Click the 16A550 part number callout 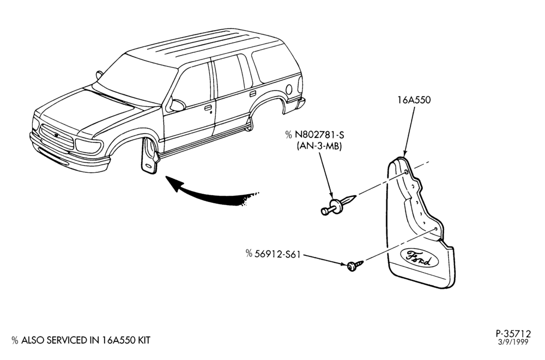click(x=414, y=100)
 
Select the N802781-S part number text click(x=319, y=135)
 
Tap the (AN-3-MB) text click(x=319, y=146)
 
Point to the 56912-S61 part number click(x=277, y=254)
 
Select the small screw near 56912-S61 click(x=355, y=266)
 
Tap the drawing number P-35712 click(x=513, y=334)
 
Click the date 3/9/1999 click(x=513, y=342)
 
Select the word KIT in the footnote click(x=143, y=340)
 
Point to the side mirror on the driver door click(x=177, y=105)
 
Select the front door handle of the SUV click(x=208, y=108)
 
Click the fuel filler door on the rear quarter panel click(x=289, y=89)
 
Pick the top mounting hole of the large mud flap click(x=406, y=173)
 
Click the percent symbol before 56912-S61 click(x=249, y=254)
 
